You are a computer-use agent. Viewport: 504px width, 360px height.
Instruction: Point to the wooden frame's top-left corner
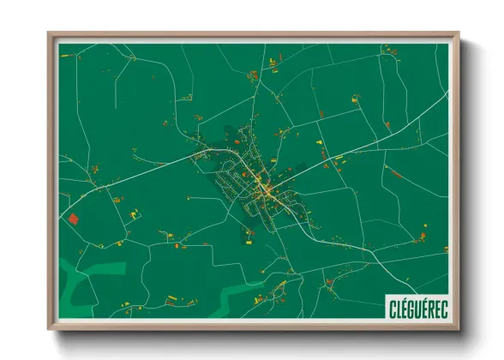[49, 33]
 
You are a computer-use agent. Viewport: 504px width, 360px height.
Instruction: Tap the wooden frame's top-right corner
[459, 33]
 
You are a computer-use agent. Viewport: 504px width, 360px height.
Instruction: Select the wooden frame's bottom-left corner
[49, 330]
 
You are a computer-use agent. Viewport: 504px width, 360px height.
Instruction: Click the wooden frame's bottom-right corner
[459, 330]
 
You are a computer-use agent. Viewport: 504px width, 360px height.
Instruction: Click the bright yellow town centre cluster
[261, 184]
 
